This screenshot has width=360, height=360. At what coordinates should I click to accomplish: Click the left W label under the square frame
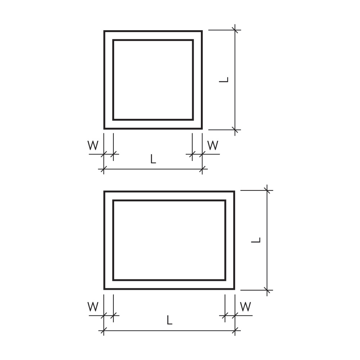93,145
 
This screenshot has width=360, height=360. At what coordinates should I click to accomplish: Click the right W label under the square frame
213,145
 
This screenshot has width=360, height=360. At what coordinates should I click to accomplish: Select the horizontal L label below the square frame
153,159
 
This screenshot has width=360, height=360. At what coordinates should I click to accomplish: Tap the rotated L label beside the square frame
224,80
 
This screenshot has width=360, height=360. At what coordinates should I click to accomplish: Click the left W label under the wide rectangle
93,306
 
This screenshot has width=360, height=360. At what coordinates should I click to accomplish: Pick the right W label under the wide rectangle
246,306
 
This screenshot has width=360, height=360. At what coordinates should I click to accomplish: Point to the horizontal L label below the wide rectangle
170,320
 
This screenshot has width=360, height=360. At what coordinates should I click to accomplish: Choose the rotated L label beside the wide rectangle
256,240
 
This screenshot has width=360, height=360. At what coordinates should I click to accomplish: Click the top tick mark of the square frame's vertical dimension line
235,30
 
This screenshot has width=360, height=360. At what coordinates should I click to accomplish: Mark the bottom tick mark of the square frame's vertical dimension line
235,130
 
